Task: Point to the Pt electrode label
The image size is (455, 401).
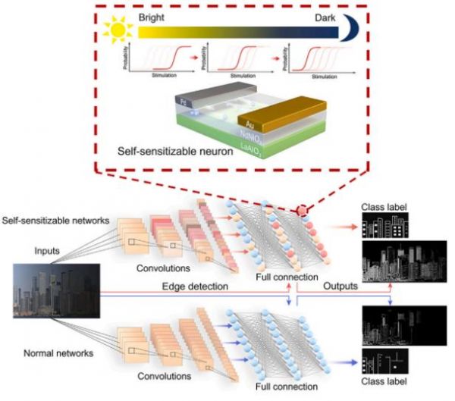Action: click(x=184, y=100)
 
